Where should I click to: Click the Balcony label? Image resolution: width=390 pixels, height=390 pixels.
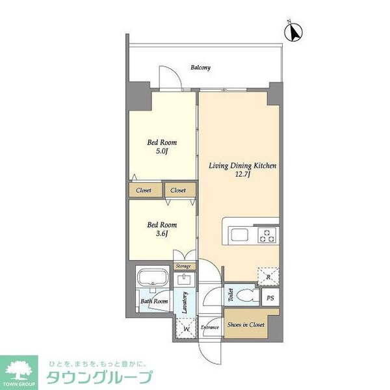[200, 68]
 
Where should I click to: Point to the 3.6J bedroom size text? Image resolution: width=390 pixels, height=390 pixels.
[162, 234]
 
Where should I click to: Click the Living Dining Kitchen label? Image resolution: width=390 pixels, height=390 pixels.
[242, 166]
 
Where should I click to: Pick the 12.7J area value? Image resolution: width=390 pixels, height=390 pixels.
[243, 175]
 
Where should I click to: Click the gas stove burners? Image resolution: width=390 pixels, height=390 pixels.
[266, 235]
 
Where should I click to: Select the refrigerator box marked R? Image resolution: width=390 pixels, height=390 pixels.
[268, 276]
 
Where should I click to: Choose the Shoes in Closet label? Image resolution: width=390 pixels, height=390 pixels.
[246, 324]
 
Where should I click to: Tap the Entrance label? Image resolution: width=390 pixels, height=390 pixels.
[209, 327]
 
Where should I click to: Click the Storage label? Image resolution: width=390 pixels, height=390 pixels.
[183, 266]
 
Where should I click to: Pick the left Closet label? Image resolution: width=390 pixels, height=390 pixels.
[144, 190]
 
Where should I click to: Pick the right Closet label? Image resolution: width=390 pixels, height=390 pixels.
[178, 190]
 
